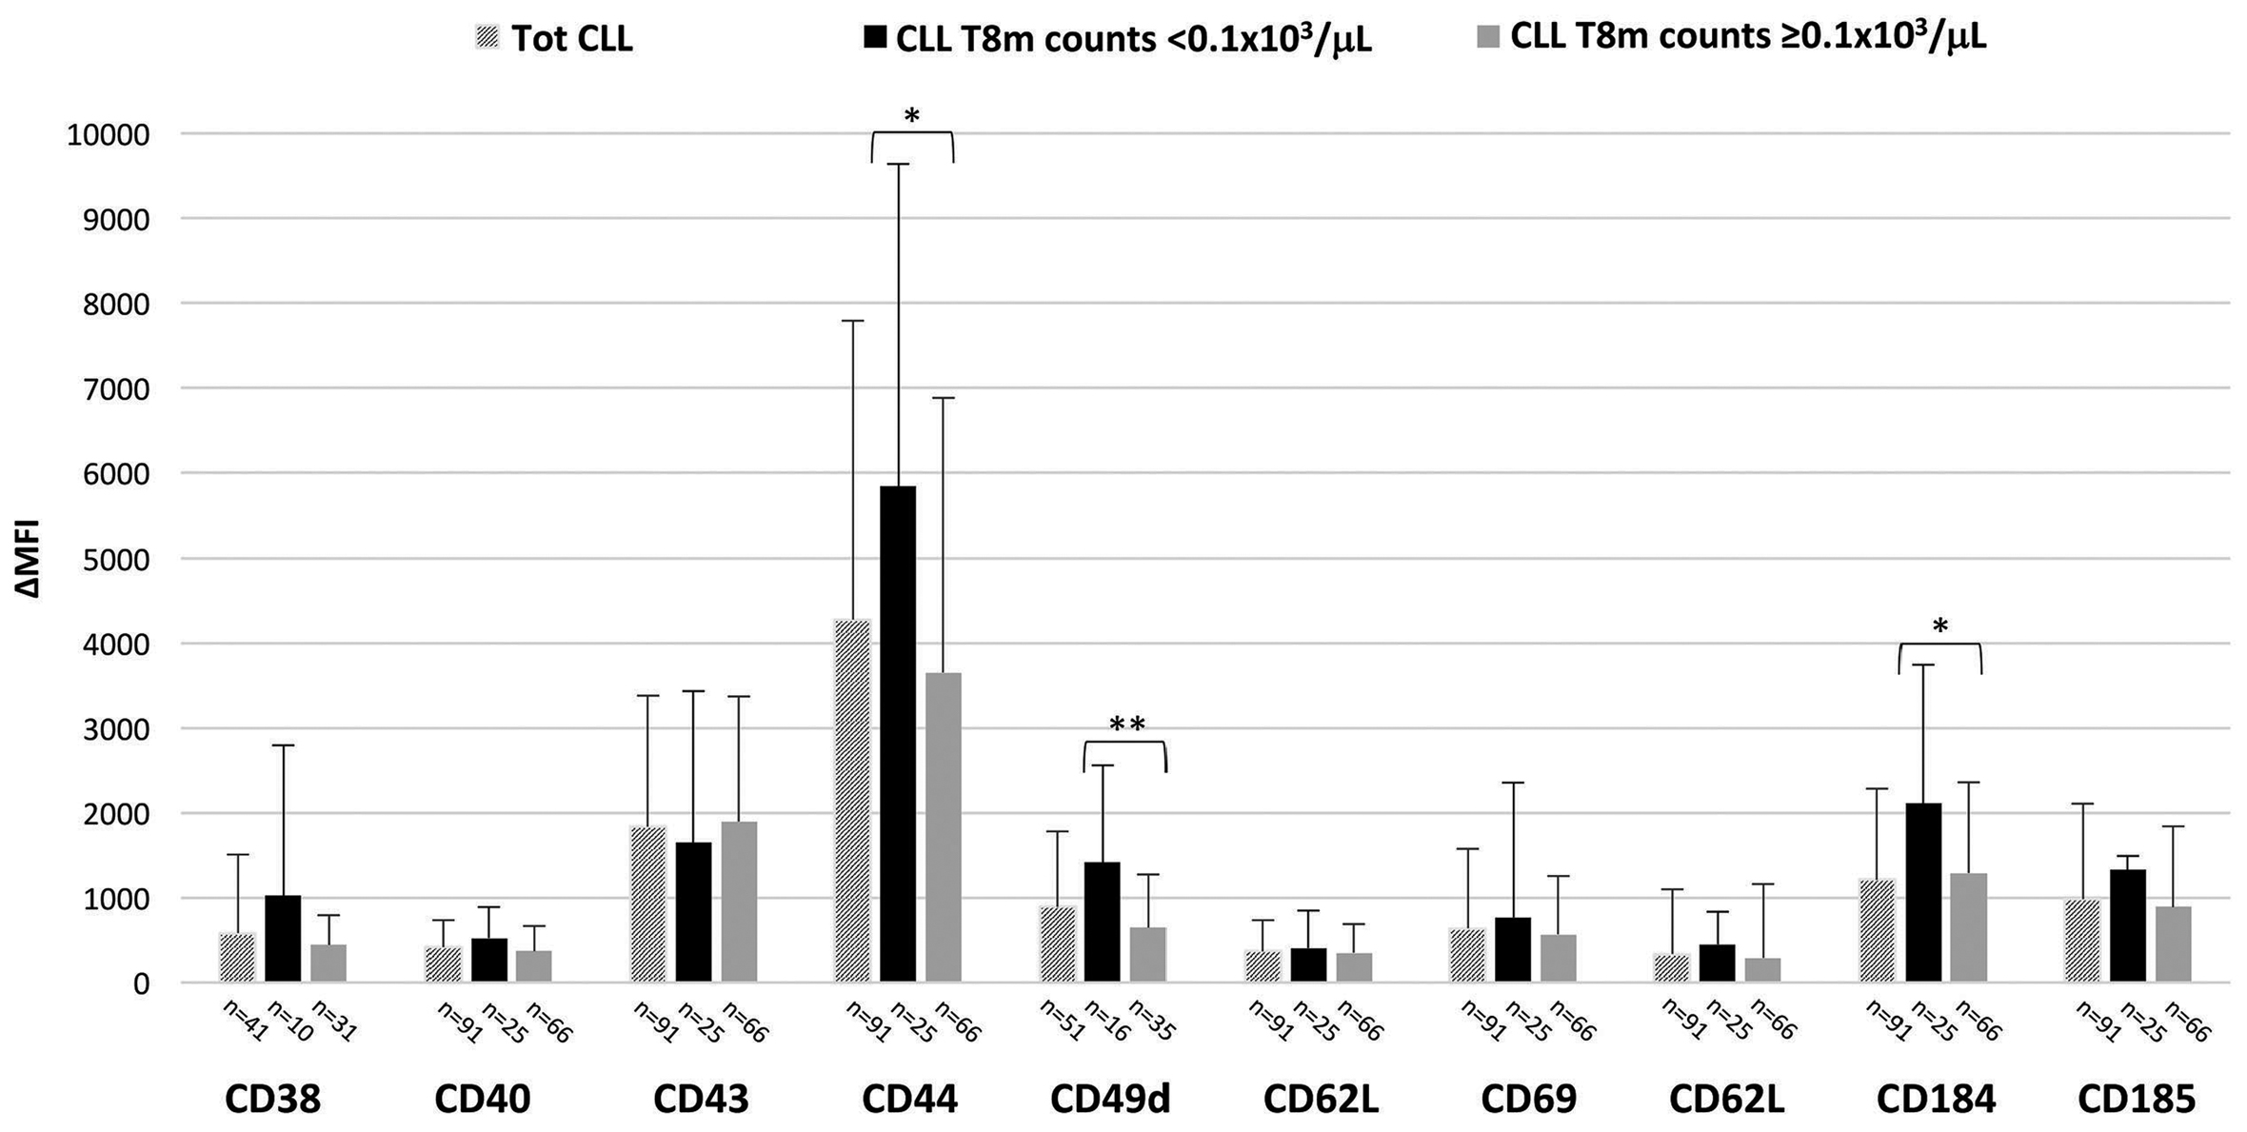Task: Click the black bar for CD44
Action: (898, 733)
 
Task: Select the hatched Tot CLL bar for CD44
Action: (852, 800)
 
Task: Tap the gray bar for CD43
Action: (739, 901)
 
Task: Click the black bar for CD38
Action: (283, 938)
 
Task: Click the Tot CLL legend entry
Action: (554, 39)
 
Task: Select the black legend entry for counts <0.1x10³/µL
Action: (1118, 39)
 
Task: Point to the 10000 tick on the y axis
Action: (109, 135)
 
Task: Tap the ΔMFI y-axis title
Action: (29, 558)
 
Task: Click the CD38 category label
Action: (272, 1100)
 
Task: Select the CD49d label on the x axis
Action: (1110, 1100)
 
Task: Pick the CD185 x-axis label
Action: (2137, 1100)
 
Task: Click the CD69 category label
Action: (1528, 1100)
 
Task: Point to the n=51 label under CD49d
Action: (1060, 1021)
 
